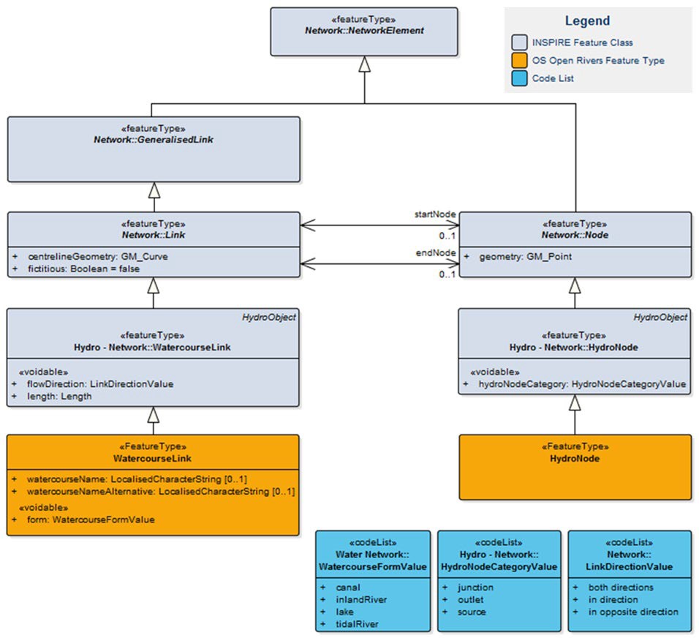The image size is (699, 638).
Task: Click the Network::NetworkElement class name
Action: pos(364,31)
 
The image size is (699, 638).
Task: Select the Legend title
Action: pos(587,21)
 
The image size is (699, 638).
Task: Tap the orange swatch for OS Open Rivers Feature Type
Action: pos(519,61)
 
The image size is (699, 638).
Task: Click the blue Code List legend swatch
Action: pos(519,78)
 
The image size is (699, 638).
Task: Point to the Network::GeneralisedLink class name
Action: pos(153,139)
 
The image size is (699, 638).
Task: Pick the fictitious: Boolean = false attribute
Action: pos(83,269)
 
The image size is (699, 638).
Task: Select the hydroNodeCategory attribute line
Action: pos(582,384)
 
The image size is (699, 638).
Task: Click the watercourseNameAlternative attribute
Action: pos(160,492)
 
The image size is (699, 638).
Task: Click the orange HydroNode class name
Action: pos(575,458)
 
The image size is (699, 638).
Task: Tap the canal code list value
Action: pos(349,587)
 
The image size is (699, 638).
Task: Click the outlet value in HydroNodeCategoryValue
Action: pos(471,599)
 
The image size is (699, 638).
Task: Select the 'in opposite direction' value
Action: pos(633,612)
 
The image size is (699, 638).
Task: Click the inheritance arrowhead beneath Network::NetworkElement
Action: pos(364,64)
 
